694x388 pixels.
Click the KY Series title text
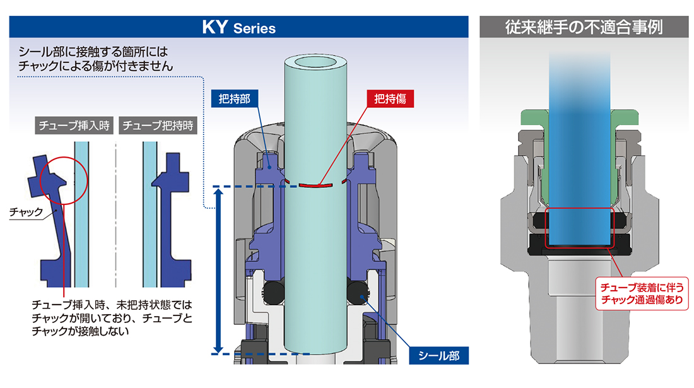pos(239,27)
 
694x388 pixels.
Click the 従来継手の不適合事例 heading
pos(584,27)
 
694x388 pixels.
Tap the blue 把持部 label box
pos(235,98)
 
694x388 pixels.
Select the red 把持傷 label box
pos(391,98)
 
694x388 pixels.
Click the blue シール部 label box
pos(438,356)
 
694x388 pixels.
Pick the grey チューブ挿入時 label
pos(74,126)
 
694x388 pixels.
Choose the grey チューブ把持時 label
pos(158,126)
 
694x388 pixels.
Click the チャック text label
pos(26,213)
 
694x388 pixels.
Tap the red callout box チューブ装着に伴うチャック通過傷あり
pos(642,293)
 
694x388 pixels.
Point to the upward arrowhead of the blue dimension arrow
pos(217,192)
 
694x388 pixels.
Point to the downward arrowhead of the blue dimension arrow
pos(217,350)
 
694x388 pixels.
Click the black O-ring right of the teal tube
pos(358,293)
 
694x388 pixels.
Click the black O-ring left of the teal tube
pos(274,293)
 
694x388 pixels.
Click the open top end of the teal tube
pos(315,62)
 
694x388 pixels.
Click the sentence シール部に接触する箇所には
pos(93,52)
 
